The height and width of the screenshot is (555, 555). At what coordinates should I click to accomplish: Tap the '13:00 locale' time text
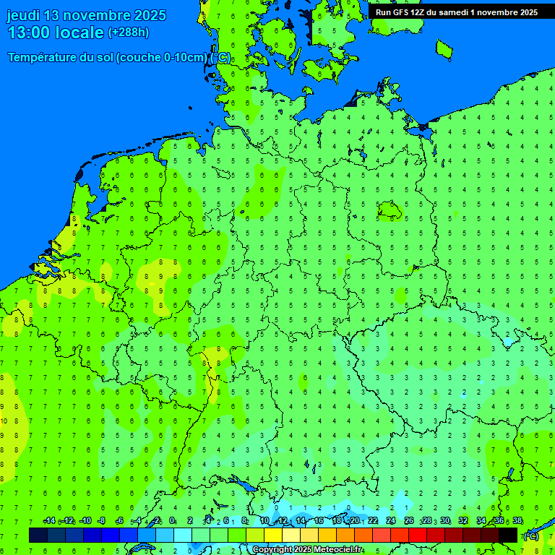click(55, 32)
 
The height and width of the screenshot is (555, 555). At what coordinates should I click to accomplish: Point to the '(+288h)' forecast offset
click(129, 33)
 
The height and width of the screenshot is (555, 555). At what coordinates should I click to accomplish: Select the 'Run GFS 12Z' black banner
click(457, 12)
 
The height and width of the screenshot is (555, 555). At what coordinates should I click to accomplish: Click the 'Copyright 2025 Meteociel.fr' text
click(307, 550)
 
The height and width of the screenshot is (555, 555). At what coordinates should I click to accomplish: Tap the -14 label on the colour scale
click(50, 521)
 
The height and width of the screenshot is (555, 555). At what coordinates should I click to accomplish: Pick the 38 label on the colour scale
click(517, 521)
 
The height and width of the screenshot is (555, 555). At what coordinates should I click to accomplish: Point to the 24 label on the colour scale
click(391, 521)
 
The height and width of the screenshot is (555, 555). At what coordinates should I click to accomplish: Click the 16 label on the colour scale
click(319, 521)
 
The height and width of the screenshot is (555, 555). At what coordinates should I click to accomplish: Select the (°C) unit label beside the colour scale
click(530, 536)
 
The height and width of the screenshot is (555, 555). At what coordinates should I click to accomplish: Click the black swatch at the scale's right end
click(508, 535)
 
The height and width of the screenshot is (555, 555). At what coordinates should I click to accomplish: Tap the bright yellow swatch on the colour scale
click(273, 535)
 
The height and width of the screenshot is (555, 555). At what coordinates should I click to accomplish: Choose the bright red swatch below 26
click(418, 535)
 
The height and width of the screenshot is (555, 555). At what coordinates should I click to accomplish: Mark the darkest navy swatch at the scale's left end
click(38, 535)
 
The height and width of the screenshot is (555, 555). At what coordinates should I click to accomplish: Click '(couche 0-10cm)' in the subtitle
click(161, 58)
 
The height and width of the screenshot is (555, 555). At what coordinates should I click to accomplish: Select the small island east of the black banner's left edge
click(444, 48)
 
